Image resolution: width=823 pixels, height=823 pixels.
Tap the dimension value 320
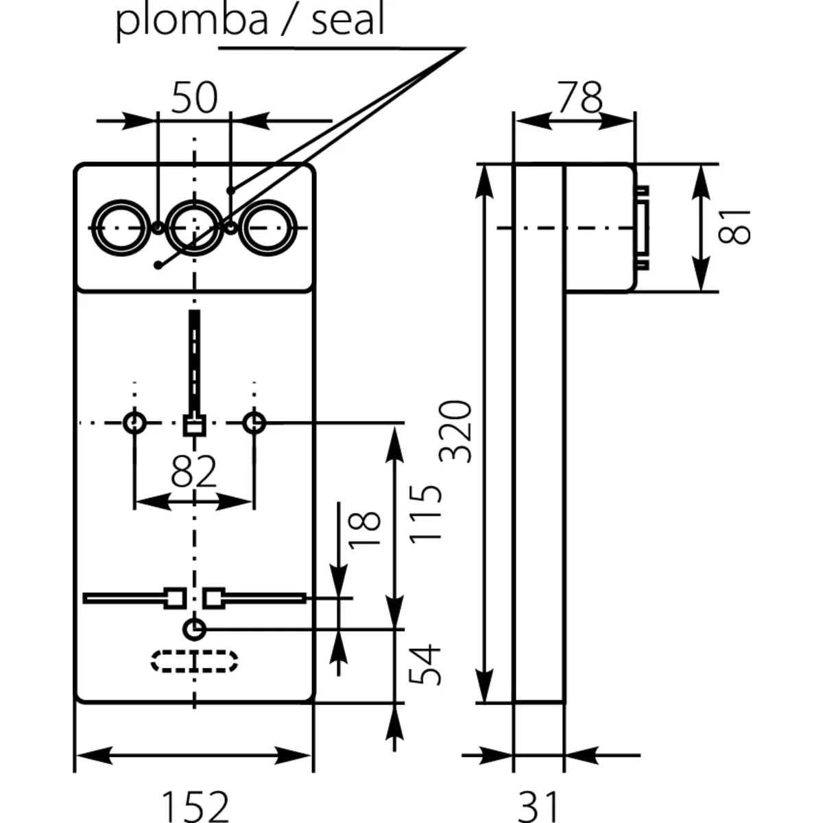click(456, 432)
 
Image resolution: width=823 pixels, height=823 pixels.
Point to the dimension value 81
click(735, 226)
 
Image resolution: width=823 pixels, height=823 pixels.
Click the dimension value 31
click(538, 806)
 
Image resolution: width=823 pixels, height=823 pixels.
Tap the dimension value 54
click(426, 664)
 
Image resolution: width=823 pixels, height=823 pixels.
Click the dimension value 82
click(193, 471)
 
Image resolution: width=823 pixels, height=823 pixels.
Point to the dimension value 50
click(194, 97)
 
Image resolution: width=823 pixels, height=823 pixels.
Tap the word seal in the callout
click(348, 21)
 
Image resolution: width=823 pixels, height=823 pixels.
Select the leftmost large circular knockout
click(119, 228)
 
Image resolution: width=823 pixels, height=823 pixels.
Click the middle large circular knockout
click(195, 228)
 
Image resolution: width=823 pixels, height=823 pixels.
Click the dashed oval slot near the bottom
click(195, 662)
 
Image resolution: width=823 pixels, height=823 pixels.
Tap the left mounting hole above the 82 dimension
click(134, 422)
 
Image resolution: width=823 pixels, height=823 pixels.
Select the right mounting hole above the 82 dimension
click(254, 422)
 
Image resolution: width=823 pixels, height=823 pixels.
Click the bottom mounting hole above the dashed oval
click(195, 628)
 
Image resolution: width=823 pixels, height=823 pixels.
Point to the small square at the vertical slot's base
click(195, 425)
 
